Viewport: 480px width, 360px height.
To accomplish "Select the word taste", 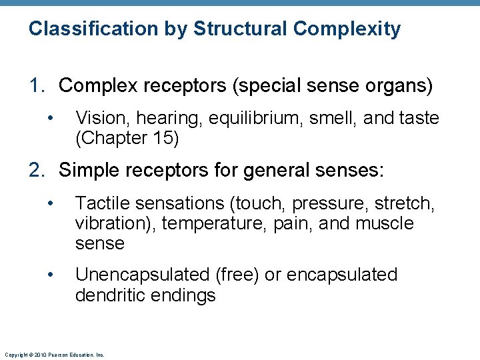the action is click(417, 119).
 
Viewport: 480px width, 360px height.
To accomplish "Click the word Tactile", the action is click(104, 203).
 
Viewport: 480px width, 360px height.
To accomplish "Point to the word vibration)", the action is click(115, 223).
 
